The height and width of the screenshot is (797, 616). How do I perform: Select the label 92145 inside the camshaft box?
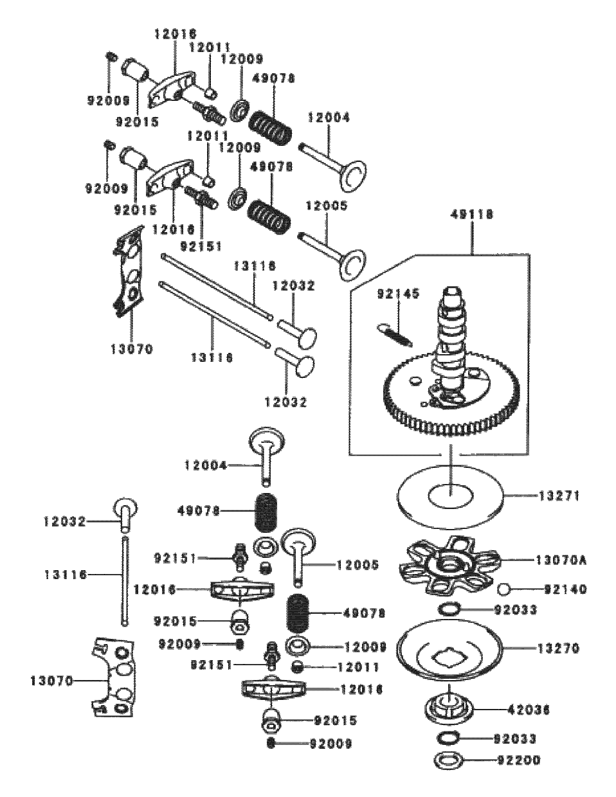pyautogui.click(x=399, y=294)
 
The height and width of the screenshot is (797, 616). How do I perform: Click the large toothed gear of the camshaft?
pyautogui.click(x=450, y=402)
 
